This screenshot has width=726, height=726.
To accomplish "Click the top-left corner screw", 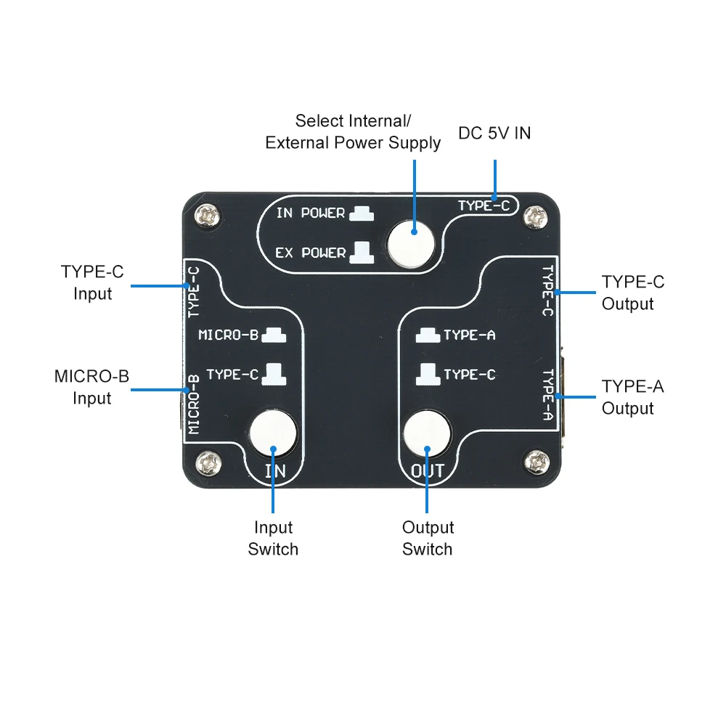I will click(x=211, y=215).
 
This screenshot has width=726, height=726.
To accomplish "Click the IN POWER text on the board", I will click(x=311, y=213).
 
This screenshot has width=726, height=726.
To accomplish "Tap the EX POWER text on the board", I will click(x=311, y=253).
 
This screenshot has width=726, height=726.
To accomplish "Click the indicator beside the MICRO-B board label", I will click(x=274, y=335).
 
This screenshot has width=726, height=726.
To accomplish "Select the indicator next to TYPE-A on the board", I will click(x=427, y=335).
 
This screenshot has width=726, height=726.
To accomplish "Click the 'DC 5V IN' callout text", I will click(x=494, y=134).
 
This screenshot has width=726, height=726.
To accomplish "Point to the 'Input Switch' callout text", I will click(x=273, y=538).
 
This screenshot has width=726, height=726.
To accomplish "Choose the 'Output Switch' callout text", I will click(x=428, y=538).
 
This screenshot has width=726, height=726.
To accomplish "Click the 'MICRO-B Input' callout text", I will click(x=91, y=387).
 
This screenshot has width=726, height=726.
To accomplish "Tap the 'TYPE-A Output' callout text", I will click(x=632, y=397).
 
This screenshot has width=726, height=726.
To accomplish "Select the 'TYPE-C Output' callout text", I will click(x=632, y=293).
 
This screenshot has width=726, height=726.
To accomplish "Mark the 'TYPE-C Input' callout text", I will click(x=92, y=282).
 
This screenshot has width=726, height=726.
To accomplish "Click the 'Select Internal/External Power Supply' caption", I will click(x=353, y=131).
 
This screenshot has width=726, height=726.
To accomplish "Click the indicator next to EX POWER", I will click(x=361, y=252).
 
